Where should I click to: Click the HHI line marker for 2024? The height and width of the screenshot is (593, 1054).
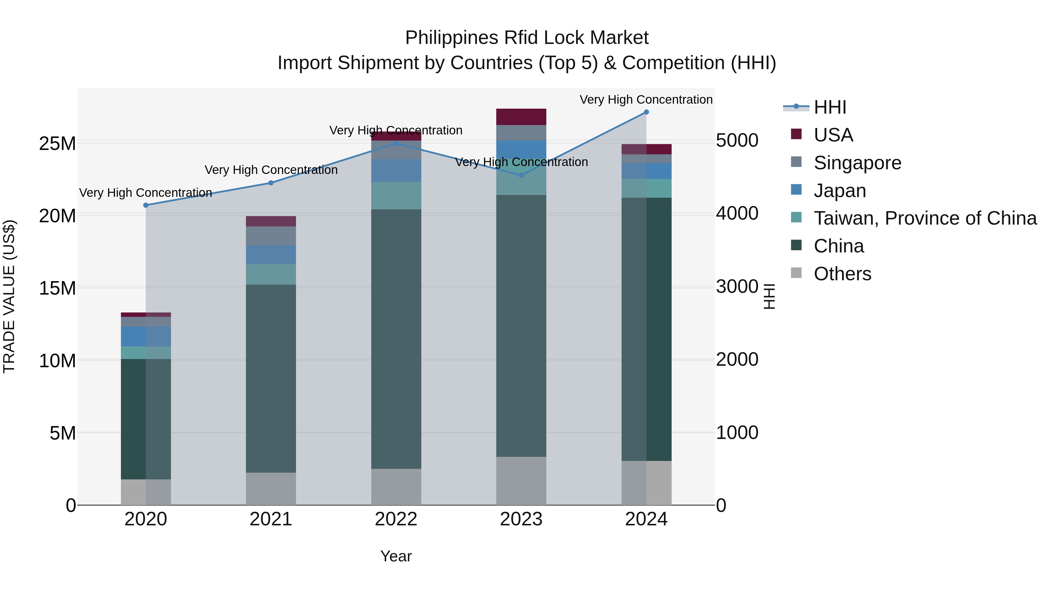(646, 112)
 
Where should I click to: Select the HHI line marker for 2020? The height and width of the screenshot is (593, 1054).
(146, 205)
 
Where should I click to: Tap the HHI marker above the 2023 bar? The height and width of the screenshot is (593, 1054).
(521, 175)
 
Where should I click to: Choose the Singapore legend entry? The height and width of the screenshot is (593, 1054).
(857, 163)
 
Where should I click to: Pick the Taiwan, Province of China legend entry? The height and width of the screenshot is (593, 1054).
(925, 218)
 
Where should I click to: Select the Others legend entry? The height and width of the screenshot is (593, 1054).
(842, 274)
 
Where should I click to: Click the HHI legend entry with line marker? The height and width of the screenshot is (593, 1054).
(830, 107)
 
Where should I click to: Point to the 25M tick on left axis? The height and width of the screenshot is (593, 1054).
(57, 144)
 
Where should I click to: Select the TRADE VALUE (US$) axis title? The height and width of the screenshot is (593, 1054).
(9, 296)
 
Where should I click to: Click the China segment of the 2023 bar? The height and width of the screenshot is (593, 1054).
(521, 325)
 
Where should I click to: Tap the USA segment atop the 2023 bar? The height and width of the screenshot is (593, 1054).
(521, 117)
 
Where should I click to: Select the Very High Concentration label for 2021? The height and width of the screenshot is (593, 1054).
(271, 170)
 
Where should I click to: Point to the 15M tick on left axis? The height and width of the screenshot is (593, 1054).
(57, 288)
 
